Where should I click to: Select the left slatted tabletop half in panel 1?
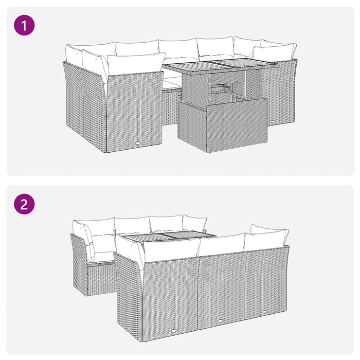point(192,66)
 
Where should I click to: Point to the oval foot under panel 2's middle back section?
point(218,321)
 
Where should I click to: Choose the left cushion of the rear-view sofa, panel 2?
point(170,250)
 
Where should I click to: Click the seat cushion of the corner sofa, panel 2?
point(103,256)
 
